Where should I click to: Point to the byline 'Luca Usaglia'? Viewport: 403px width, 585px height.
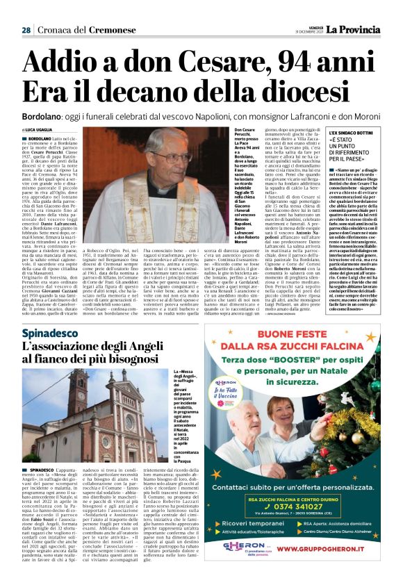42,130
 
